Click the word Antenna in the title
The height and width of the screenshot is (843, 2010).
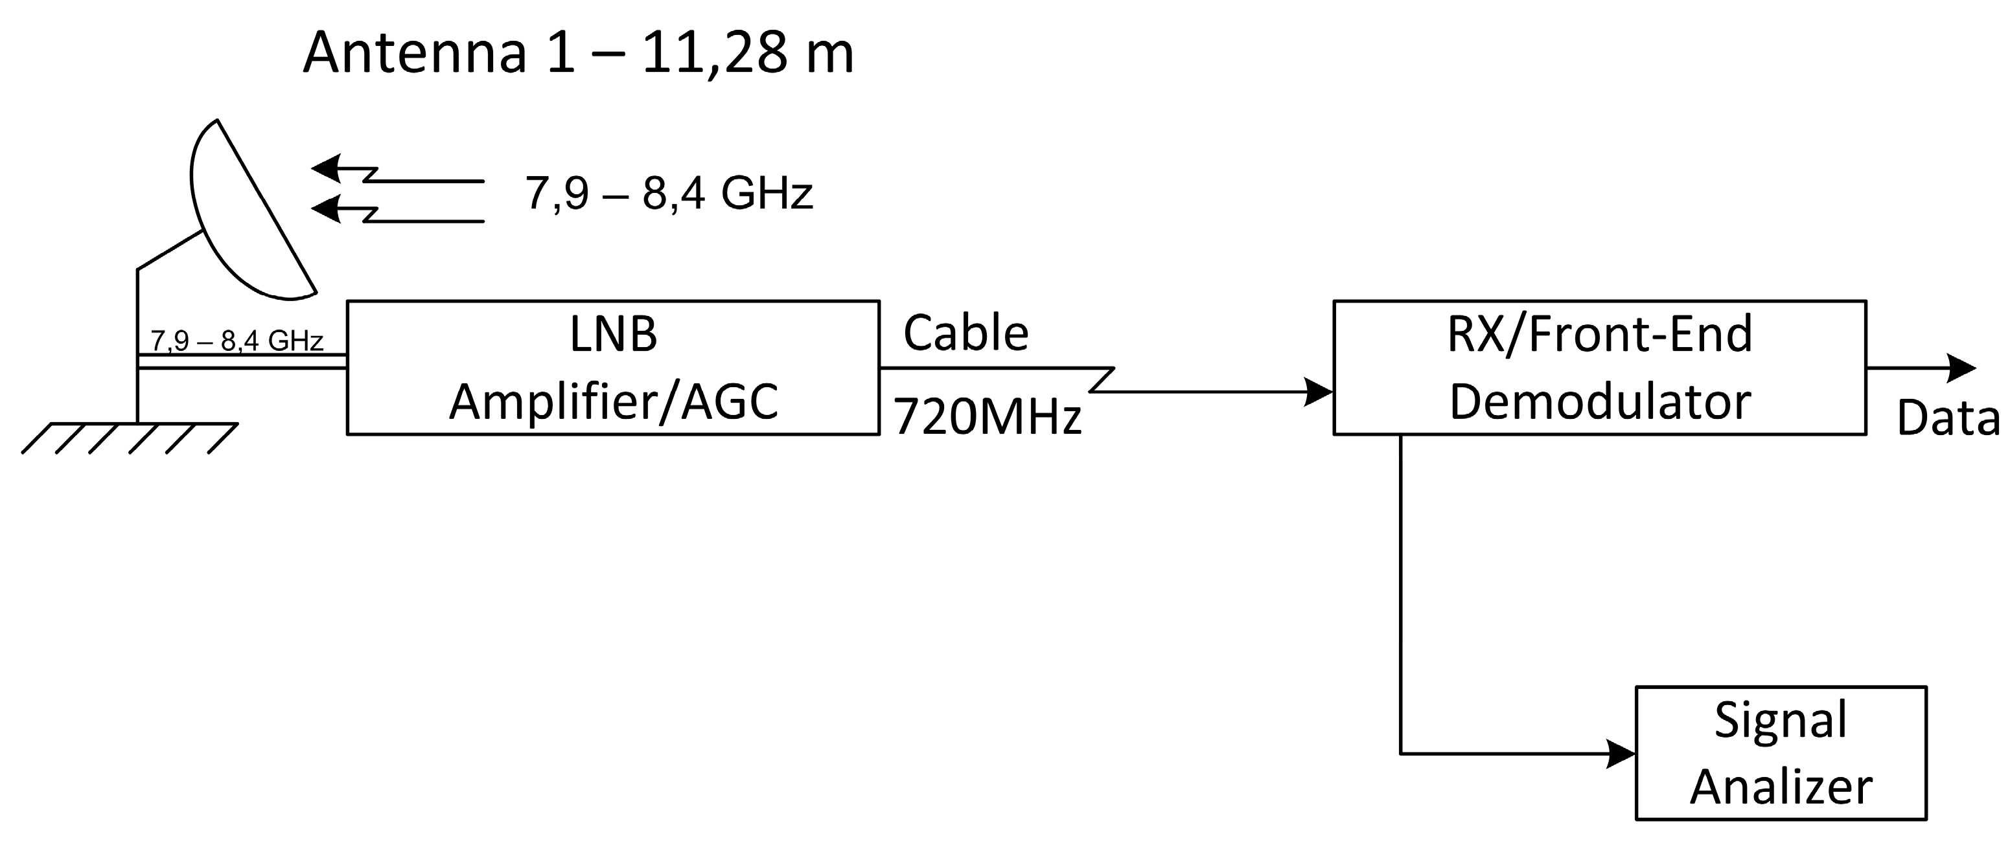[414, 53]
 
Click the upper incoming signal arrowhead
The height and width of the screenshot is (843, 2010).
[326, 168]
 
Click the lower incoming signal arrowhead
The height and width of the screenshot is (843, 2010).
[326, 209]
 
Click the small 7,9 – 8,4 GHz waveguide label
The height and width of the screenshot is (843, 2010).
[237, 341]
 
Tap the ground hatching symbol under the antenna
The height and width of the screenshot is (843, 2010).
[129, 438]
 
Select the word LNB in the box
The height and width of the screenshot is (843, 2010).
[613, 334]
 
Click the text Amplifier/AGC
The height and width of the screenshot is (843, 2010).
[613, 401]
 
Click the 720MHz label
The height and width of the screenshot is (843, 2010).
[987, 416]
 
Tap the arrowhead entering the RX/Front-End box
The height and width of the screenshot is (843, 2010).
[1319, 392]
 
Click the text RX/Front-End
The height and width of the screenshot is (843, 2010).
[1600, 334]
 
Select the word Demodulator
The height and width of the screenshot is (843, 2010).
[1600, 401]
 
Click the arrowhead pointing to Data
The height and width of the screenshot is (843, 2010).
[1961, 367]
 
